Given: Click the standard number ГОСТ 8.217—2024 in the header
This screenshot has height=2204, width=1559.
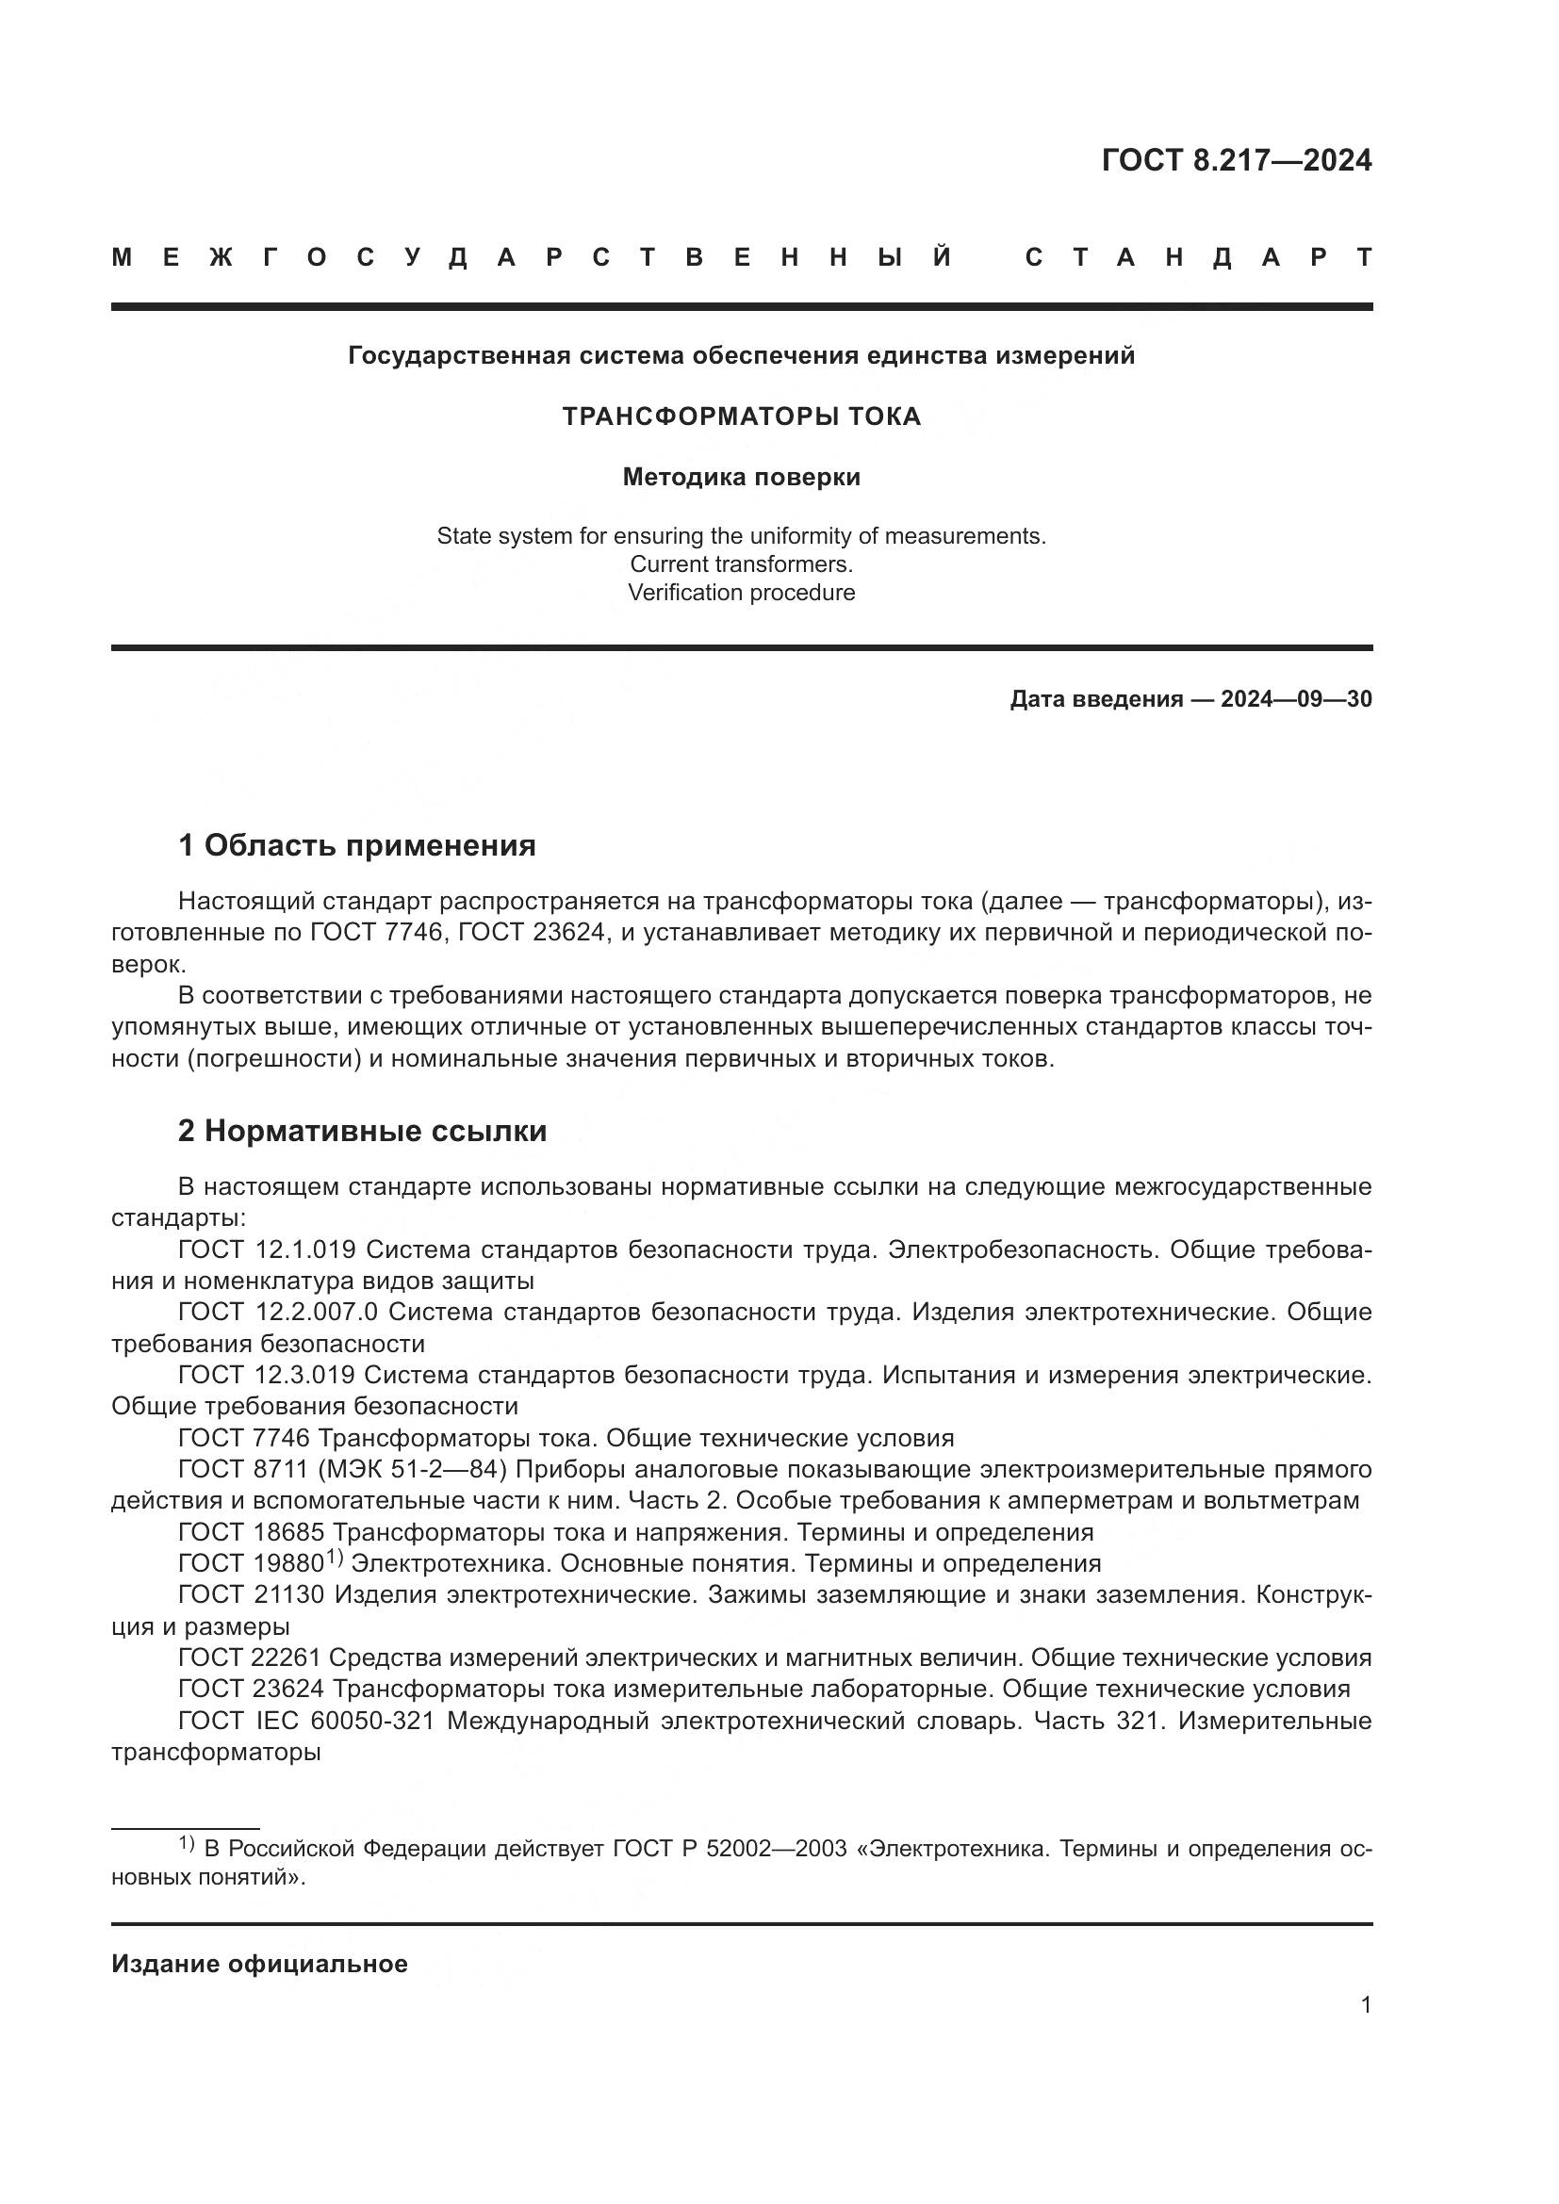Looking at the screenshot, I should (1237, 160).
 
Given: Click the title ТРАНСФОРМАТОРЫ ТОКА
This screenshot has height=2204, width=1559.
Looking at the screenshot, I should (741, 416).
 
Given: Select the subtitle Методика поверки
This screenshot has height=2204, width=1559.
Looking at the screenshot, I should (741, 477).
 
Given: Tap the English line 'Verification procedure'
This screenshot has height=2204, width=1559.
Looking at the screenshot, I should (741, 593).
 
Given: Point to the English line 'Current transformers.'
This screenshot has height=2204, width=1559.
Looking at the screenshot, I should (741, 564).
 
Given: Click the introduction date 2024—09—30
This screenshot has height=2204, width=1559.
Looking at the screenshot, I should (1296, 699).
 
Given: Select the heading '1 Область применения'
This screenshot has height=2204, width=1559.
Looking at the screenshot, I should (356, 845).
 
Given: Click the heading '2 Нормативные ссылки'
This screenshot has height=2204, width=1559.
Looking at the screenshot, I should (362, 1131).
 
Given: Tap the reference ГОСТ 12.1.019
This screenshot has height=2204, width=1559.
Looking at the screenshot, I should (267, 1249).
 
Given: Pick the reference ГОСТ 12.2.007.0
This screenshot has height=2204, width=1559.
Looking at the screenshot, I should (277, 1313).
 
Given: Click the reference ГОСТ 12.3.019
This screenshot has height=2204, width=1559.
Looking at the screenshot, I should (267, 1376).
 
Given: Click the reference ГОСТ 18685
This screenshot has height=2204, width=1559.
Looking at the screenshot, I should (251, 1533).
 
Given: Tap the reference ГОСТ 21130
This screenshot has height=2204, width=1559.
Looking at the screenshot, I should (251, 1595).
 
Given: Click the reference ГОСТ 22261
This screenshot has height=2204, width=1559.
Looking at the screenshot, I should (251, 1657).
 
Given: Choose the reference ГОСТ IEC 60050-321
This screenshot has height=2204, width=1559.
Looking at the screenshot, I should (306, 1722).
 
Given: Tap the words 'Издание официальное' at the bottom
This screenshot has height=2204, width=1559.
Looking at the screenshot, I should (259, 1964).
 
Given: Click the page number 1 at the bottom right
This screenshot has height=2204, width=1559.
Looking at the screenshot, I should (1366, 2005).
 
